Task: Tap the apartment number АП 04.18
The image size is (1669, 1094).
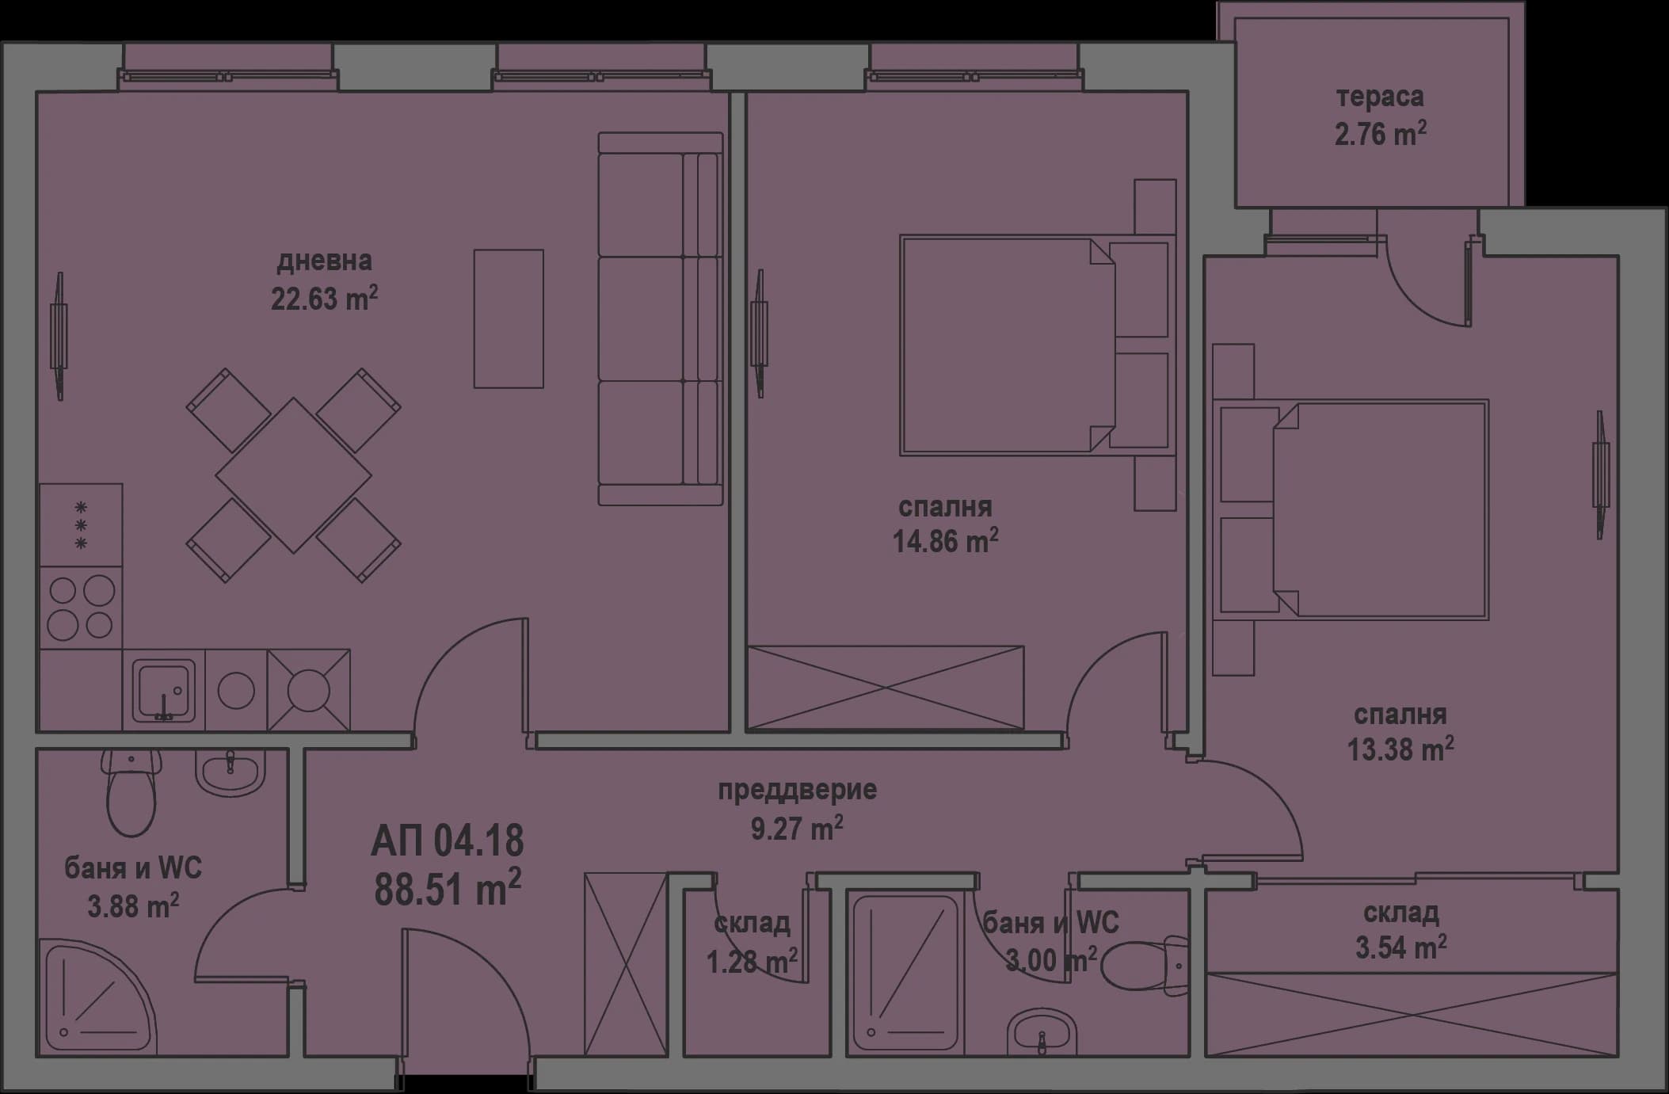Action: (447, 841)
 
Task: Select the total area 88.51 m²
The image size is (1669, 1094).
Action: (447, 887)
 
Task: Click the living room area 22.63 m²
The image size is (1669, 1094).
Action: (324, 299)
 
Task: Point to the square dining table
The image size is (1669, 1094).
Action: (293, 475)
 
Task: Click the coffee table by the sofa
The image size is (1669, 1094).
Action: (509, 318)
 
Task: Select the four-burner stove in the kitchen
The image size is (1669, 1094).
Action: (81, 608)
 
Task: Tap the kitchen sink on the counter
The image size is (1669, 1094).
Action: (163, 692)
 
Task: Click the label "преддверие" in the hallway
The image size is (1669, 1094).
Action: (797, 790)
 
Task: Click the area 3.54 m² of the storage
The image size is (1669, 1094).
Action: (1400, 947)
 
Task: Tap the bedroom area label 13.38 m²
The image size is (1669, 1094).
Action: (1400, 749)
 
